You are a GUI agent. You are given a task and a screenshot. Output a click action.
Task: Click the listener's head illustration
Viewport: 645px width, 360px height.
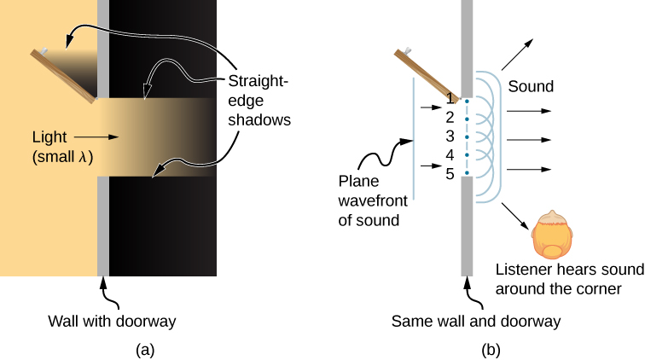553,235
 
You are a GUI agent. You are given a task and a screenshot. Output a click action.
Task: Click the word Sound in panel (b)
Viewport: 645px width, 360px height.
531,86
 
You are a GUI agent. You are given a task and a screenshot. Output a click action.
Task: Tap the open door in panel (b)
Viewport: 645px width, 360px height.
427,73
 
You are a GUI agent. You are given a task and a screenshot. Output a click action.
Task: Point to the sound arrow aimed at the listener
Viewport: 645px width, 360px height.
516,215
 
